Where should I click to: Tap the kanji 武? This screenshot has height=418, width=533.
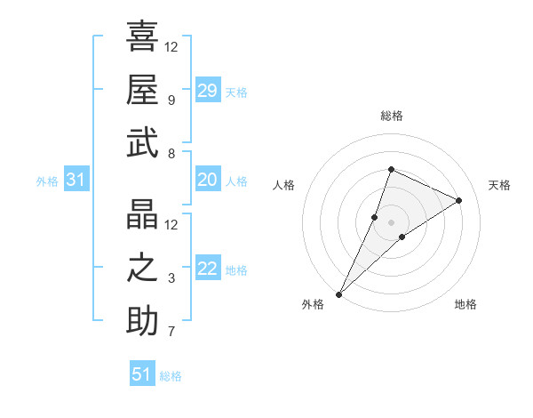(142, 143)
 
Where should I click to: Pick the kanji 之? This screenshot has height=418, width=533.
(142, 268)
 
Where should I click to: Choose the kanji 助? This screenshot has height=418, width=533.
(142, 322)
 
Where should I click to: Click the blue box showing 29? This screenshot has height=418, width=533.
(208, 91)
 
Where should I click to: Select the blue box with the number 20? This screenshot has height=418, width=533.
(208, 181)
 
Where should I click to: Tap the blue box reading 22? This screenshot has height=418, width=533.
(208, 269)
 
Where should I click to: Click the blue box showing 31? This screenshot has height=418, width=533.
(76, 181)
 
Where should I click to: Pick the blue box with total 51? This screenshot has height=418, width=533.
(142, 374)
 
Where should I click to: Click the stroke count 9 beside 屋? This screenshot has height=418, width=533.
(171, 100)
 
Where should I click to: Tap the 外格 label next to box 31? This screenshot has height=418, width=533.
(47, 181)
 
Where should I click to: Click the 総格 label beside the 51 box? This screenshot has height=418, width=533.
(171, 376)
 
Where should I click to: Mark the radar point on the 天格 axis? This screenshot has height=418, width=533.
(459, 200)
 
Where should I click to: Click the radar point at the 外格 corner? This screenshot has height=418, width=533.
(339, 293)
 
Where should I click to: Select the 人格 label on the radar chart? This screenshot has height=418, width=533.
(284, 185)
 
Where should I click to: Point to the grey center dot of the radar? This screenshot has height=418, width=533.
(391, 221)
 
